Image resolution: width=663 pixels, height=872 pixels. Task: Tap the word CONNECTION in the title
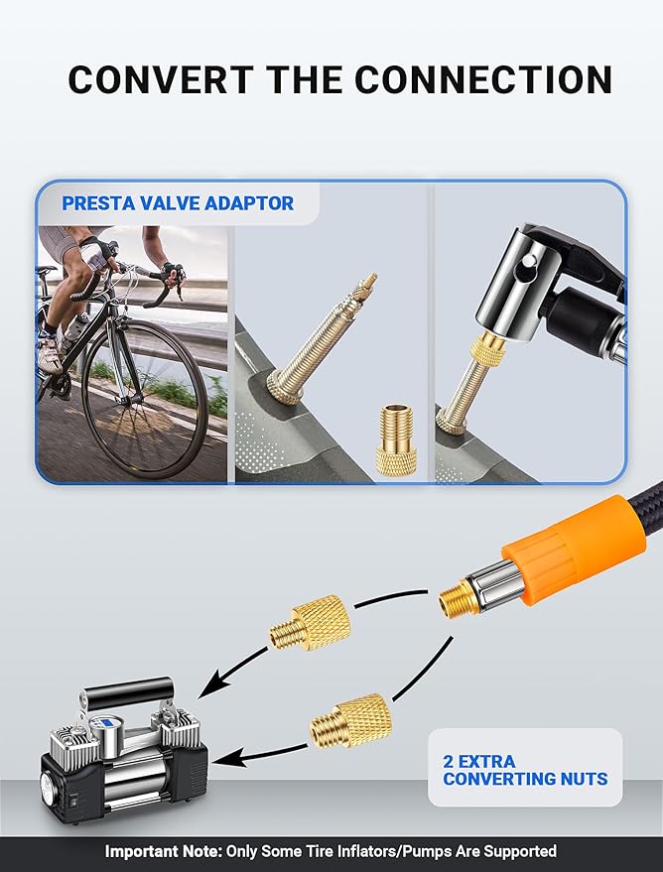coord(496,79)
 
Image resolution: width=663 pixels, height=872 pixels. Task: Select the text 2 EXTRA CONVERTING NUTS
coord(524,770)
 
